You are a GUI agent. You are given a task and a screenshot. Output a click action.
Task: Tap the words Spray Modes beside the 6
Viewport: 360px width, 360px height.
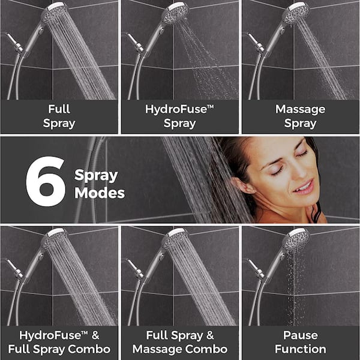click(99, 184)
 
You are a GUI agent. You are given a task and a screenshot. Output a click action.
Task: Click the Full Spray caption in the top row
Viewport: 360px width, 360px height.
click(59, 116)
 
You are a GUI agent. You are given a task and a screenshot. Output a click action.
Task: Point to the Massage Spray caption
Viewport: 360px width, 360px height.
click(300, 116)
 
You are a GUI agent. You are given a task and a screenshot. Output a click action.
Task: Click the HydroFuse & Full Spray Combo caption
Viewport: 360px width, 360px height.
click(59, 342)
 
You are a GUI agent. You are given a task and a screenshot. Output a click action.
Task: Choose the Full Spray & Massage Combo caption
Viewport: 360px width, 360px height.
click(179, 342)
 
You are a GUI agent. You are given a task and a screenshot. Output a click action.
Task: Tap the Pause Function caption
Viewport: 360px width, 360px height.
click(300, 342)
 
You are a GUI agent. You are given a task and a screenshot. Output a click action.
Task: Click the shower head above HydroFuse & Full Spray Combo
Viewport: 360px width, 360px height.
click(55, 238)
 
